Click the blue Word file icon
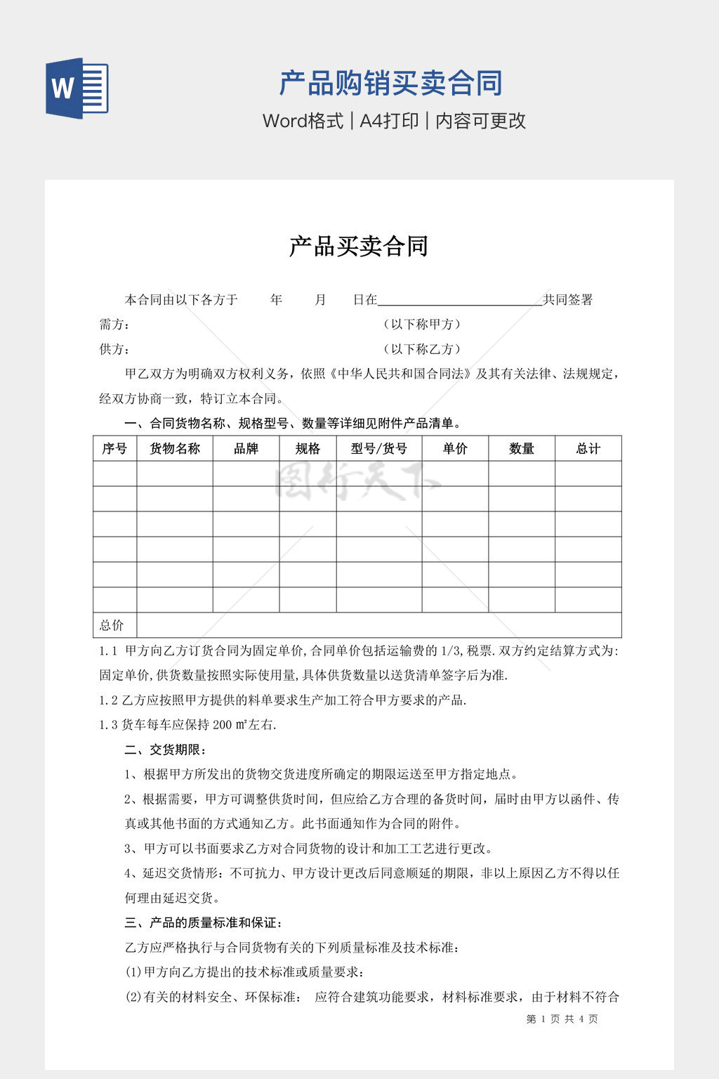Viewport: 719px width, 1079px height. tap(77, 88)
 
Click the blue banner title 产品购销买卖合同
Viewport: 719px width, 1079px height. tap(390, 84)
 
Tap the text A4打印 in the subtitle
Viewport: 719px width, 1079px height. tap(389, 121)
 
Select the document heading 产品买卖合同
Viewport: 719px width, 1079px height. tap(359, 247)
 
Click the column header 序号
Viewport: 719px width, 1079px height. tap(114, 449)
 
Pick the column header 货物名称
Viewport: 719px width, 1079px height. tap(175, 449)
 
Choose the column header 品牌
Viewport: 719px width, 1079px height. tap(246, 449)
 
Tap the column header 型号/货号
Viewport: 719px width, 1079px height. tap(379, 449)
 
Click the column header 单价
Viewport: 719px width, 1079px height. tap(455, 449)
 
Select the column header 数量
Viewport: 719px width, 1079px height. tap(522, 449)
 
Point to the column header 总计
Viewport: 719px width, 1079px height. tap(588, 449)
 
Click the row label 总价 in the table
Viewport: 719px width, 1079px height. tap(112, 625)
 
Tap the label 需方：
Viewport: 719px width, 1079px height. tap(114, 325)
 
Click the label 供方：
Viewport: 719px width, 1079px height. tap(114, 349)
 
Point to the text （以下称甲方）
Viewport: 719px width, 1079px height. tap(422, 325)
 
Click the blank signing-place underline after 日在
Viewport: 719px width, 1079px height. tap(460, 301)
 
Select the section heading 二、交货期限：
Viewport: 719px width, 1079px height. tap(166, 750)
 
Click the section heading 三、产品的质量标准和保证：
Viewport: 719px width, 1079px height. tap(204, 923)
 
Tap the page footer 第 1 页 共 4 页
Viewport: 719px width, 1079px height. tap(562, 1019)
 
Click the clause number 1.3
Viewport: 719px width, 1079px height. tap(108, 725)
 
